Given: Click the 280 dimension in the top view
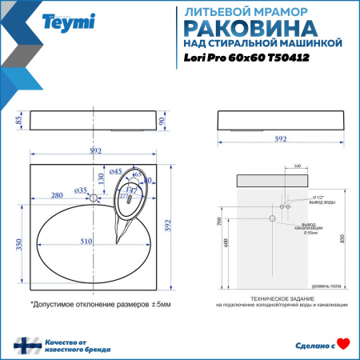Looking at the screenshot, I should click(x=57, y=195).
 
